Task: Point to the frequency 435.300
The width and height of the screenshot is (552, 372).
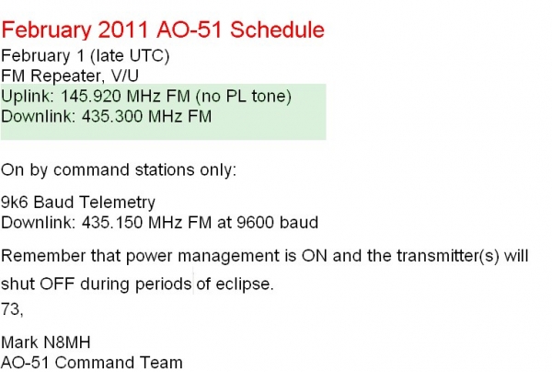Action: [x=98, y=116]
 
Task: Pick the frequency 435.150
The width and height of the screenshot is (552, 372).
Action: [x=98, y=222]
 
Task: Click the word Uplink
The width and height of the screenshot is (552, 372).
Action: [x=23, y=97]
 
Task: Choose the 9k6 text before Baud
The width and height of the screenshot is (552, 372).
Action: [x=15, y=203]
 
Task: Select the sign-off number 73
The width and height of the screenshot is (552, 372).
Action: [x=10, y=305]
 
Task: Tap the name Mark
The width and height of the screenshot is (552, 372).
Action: [x=18, y=343]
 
